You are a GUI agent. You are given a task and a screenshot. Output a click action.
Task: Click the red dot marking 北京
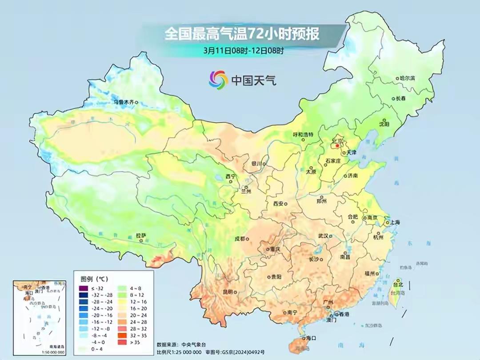337,145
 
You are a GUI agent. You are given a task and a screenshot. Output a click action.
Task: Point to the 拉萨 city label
140,235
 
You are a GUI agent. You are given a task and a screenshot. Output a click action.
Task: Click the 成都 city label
240,239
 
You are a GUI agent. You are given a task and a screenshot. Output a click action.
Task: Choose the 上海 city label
396,223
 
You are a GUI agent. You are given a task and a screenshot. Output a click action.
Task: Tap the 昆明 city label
227,292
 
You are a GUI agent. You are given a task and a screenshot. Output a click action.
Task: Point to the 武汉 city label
323,236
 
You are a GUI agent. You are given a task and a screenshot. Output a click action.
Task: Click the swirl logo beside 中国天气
218,80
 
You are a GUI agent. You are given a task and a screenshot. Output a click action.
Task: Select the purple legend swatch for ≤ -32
84,288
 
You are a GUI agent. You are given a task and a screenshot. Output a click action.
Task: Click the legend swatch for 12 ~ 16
123,301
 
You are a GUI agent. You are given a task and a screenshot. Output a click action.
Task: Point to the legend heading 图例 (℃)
94,279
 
